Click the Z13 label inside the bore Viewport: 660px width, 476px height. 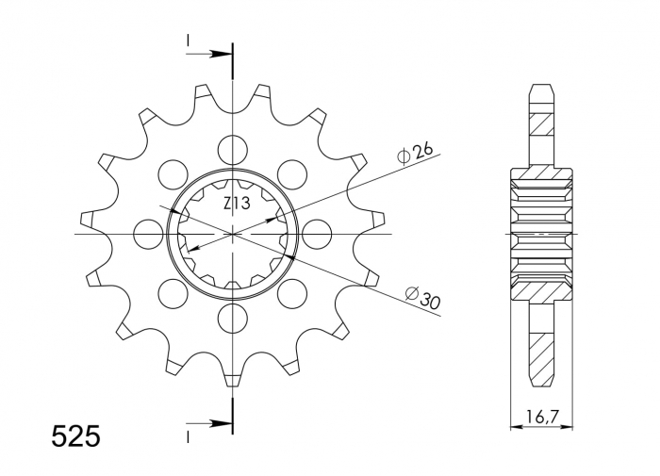pos(236,203)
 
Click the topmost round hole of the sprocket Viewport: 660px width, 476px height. pos(232,149)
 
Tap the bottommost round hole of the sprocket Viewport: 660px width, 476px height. pos(232,316)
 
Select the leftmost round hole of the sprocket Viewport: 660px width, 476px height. pos(148,233)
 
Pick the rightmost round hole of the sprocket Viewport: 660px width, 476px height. pos(316,233)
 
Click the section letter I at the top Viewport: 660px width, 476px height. pos(189,40)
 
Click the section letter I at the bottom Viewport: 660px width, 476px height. pos(189,437)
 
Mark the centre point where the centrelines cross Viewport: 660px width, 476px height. pos(232,233)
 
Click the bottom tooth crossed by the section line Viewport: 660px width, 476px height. pos(232,377)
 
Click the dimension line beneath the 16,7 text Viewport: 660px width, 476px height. pos(541,426)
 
